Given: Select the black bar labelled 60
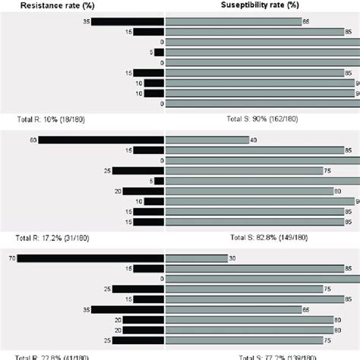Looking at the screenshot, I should [x=101, y=140].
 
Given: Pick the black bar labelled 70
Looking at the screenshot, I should [x=90, y=259].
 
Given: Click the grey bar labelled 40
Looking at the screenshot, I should [x=207, y=140].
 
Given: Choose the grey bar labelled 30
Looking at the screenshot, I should [x=197, y=259].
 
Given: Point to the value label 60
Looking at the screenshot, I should [x=33, y=140].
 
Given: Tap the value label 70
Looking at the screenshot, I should [x=11, y=259].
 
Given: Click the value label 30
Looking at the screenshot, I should [x=233, y=259].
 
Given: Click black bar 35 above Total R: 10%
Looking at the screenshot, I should [x=128, y=21].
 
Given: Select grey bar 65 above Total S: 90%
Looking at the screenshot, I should [x=232, y=21].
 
